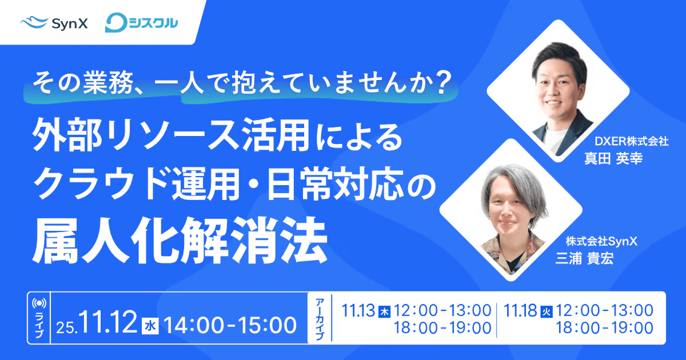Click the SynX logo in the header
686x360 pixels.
pyautogui.click(x=54, y=23)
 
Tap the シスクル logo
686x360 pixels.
pyautogui.click(x=141, y=23)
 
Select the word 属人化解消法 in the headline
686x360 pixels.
pyautogui.click(x=180, y=241)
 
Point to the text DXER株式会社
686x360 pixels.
pyautogui.click(x=631, y=141)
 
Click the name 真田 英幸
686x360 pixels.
pyautogui.click(x=613, y=159)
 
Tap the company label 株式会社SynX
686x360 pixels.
pyautogui.click(x=601, y=242)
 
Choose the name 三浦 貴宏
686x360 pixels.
pyautogui.click(x=584, y=259)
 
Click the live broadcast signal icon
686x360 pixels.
pyautogui.click(x=39, y=303)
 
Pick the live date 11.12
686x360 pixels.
pyautogui.click(x=108, y=323)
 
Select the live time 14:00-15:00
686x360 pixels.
pyautogui.click(x=230, y=325)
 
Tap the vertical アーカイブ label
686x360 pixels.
pyautogui.click(x=320, y=319)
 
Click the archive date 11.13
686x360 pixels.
pyautogui.click(x=358, y=310)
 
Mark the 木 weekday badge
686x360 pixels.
pyautogui.click(x=384, y=312)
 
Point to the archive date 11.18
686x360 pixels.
pyautogui.click(x=520, y=310)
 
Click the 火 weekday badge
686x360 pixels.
pyautogui.click(x=547, y=312)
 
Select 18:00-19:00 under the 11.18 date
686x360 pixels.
pyautogui.click(x=605, y=328)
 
